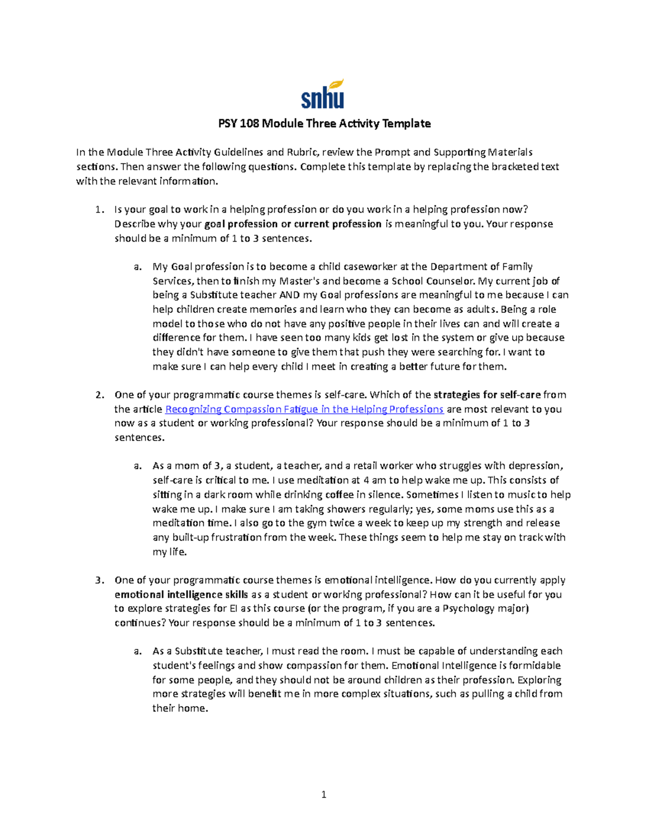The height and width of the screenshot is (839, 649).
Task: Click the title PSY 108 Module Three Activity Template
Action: click(324, 124)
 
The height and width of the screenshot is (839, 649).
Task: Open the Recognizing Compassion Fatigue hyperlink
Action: click(304, 410)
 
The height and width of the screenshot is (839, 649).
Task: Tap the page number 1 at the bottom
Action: click(323, 794)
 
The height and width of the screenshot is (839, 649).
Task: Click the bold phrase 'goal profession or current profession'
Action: click(293, 224)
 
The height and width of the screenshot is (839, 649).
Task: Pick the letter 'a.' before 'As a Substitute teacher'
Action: click(138, 652)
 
